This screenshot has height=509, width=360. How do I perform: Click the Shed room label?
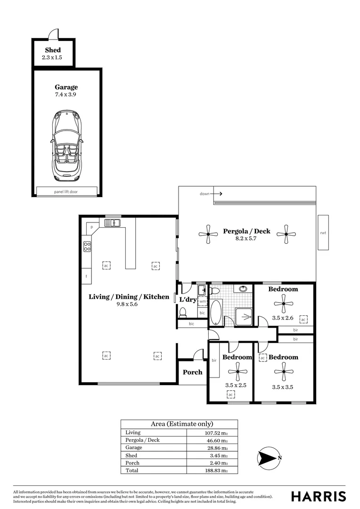[x=53, y=50]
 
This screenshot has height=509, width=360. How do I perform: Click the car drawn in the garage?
[x=66, y=145]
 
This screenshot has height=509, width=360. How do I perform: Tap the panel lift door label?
[x=66, y=192]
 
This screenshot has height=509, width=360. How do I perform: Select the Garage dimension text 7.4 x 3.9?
[x=66, y=95]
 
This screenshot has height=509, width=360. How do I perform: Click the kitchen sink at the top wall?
[x=112, y=222]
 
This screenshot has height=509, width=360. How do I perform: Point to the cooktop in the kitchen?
[x=87, y=246]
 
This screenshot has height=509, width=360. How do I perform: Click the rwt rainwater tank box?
[x=323, y=232]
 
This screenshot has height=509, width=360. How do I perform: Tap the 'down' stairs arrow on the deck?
[x=211, y=193]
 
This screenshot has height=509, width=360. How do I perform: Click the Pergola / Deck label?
[x=246, y=231]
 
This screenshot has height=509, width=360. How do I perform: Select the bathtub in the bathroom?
[x=215, y=312]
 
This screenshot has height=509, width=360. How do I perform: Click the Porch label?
[x=192, y=372]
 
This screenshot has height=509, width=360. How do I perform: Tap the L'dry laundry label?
[x=187, y=299]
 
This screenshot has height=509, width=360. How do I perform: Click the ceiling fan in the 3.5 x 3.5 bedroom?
[x=284, y=372]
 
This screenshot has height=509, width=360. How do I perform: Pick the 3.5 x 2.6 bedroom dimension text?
[x=283, y=318]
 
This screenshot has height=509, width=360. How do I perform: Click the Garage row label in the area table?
[x=134, y=448]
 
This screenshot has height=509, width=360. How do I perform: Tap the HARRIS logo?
[x=318, y=496]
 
